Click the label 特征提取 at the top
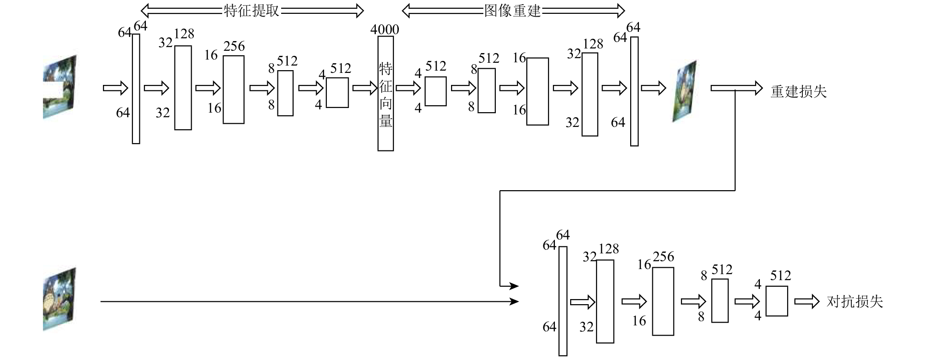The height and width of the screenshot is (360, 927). tap(252, 11)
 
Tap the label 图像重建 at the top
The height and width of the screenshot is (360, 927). tap(512, 11)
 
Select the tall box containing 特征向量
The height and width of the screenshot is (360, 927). tap(385, 94)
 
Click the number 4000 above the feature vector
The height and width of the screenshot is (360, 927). tap(385, 30)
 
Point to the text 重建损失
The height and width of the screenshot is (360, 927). tap(799, 91)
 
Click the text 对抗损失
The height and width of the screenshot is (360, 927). tap(855, 302)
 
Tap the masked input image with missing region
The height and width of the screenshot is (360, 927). tap(60, 87)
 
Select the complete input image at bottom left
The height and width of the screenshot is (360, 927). tap(60, 299)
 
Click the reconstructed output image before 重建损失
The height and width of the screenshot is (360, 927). tap(684, 91)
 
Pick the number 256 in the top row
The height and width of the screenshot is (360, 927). tap(234, 46)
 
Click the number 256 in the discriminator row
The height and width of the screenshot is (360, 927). tap(663, 257)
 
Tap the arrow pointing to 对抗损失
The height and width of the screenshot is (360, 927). tap(807, 302)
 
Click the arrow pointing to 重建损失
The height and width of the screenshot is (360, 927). tap(737, 88)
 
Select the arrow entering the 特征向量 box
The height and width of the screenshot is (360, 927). tap(365, 88)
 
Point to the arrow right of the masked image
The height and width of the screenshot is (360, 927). tap(115, 88)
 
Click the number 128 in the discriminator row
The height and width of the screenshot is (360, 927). tap(608, 249)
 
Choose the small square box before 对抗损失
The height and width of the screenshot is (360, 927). tap(777, 301)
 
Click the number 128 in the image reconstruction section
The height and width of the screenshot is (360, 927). tap(593, 44)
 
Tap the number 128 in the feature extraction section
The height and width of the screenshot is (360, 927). tap(184, 34)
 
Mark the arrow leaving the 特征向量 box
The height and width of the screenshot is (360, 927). tap(408, 88)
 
